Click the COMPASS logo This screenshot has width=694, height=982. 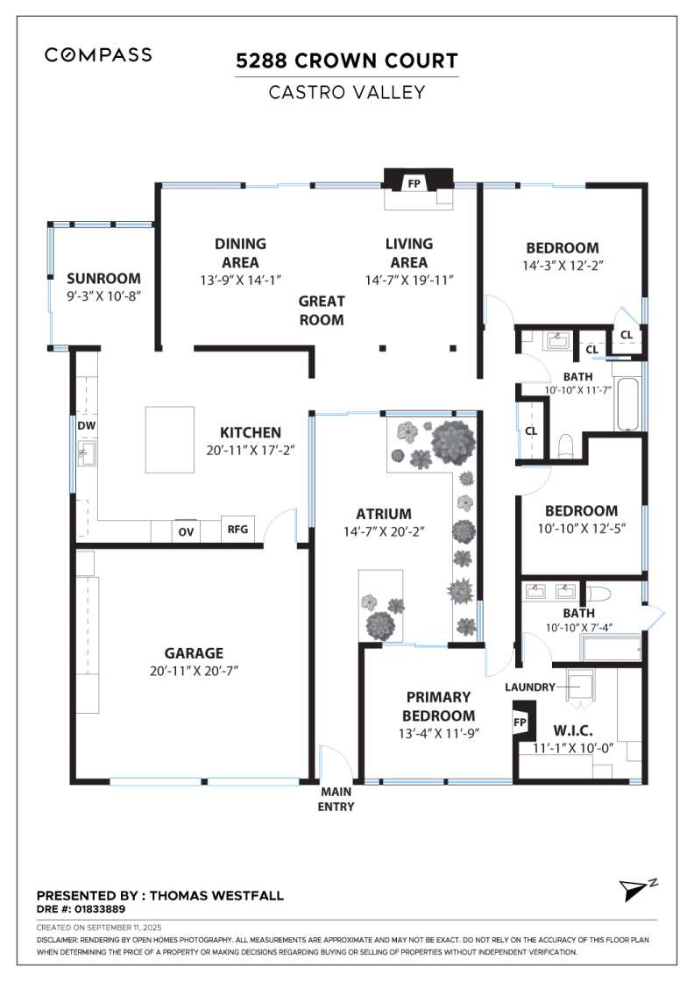(98, 55)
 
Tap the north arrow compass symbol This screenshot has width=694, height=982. (634, 889)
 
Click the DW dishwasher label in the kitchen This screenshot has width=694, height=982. (87, 426)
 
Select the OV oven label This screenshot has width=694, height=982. (186, 532)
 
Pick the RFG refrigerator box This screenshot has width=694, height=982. (237, 530)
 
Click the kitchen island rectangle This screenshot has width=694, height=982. (170, 439)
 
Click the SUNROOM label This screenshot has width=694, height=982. (103, 279)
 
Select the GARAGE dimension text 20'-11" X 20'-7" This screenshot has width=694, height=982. (194, 672)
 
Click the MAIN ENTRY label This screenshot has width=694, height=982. (336, 799)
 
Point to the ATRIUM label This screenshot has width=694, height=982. (384, 514)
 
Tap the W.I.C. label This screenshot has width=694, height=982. (572, 730)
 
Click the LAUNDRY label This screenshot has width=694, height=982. (530, 687)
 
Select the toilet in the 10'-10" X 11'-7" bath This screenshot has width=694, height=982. (566, 446)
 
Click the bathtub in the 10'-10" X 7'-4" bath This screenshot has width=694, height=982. (612, 649)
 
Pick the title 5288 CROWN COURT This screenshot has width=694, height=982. (347, 60)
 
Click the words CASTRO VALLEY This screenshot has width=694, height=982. (347, 93)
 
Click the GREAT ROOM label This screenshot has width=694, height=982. (321, 310)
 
